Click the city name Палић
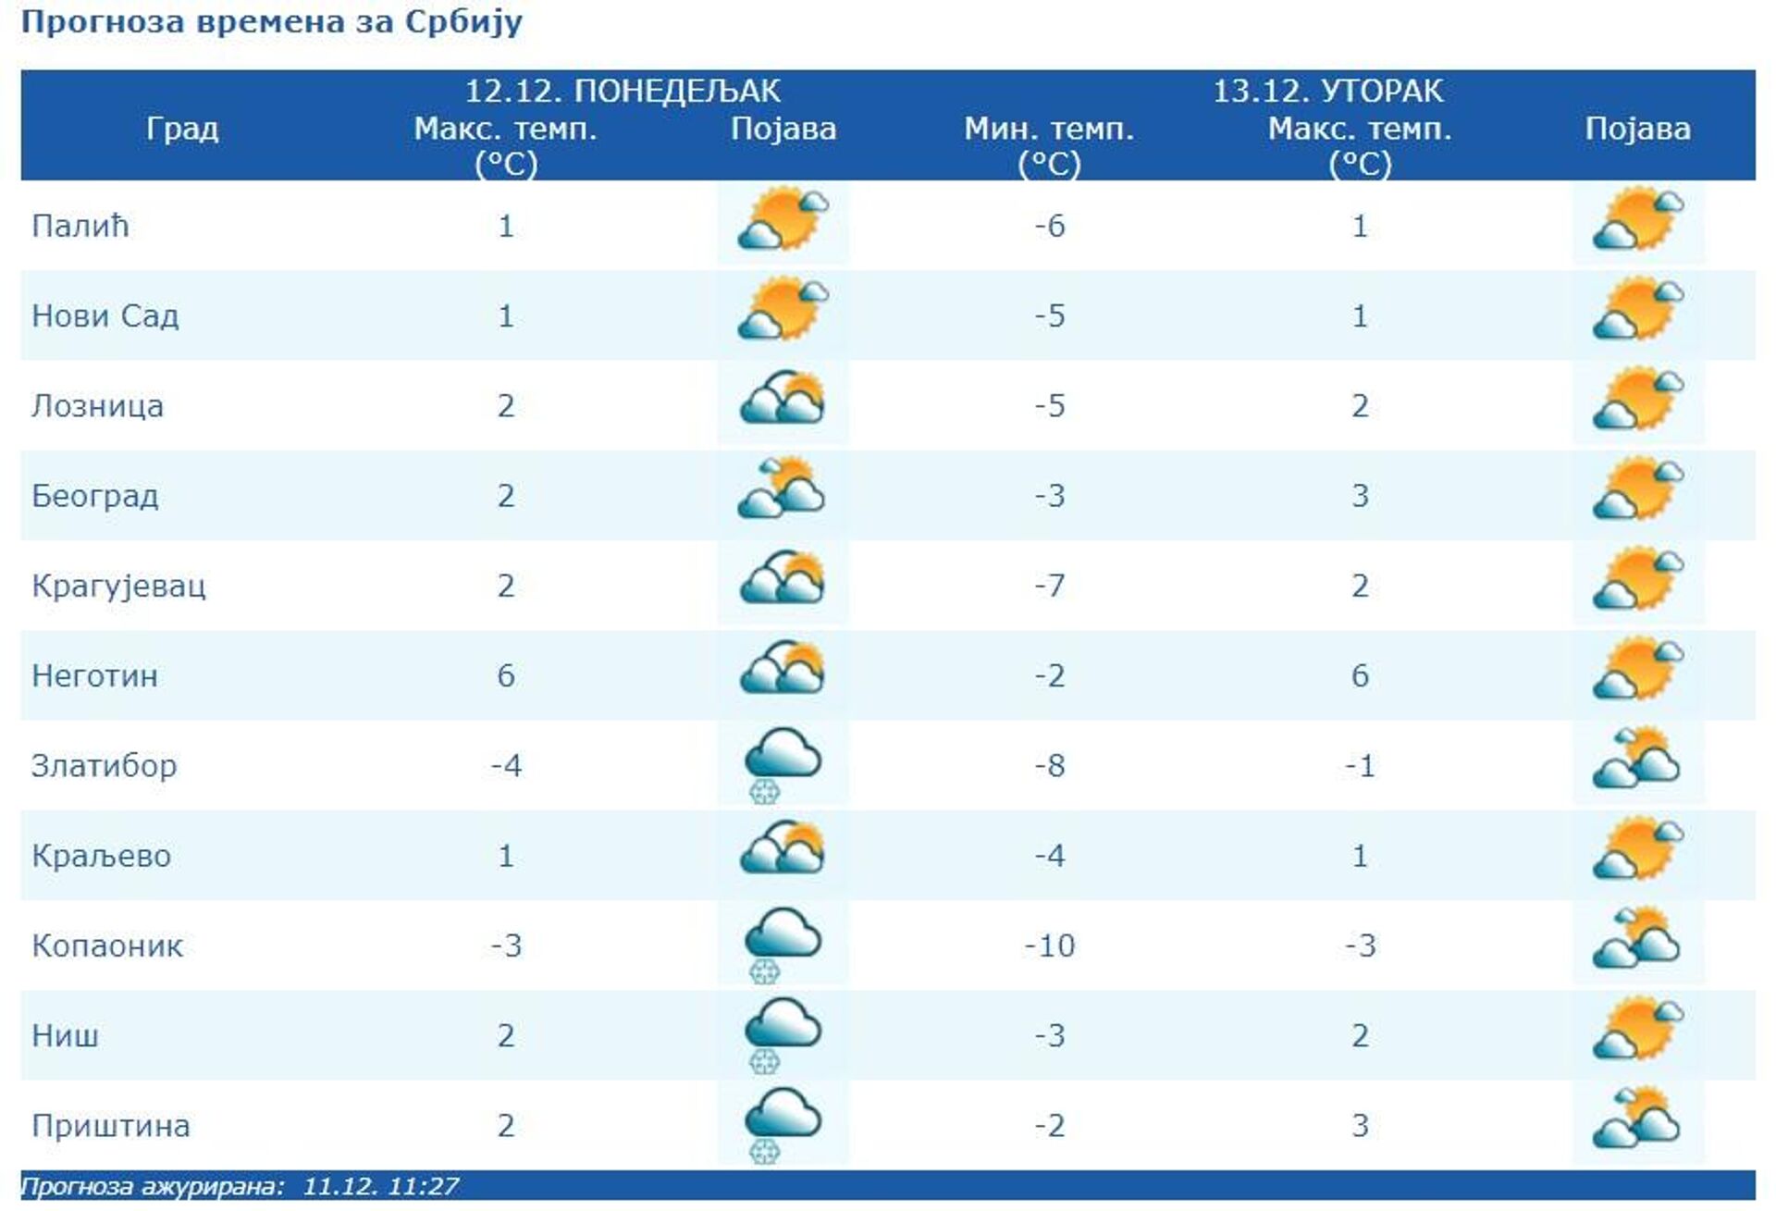click(80, 226)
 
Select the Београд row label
click(95, 496)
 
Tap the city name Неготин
click(94, 675)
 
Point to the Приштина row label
click(111, 1126)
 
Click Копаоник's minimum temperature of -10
click(1049, 945)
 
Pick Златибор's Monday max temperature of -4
click(506, 766)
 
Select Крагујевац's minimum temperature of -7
click(1049, 586)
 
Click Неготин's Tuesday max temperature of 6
click(1360, 675)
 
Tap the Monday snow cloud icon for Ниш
click(783, 1034)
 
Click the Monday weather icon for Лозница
click(783, 399)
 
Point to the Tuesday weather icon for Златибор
click(1636, 760)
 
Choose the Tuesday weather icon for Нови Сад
click(1637, 311)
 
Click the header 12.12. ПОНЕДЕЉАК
click(623, 91)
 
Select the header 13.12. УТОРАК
click(1327, 91)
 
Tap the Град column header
click(182, 129)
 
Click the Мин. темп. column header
click(1049, 129)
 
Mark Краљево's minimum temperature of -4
click(1049, 856)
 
